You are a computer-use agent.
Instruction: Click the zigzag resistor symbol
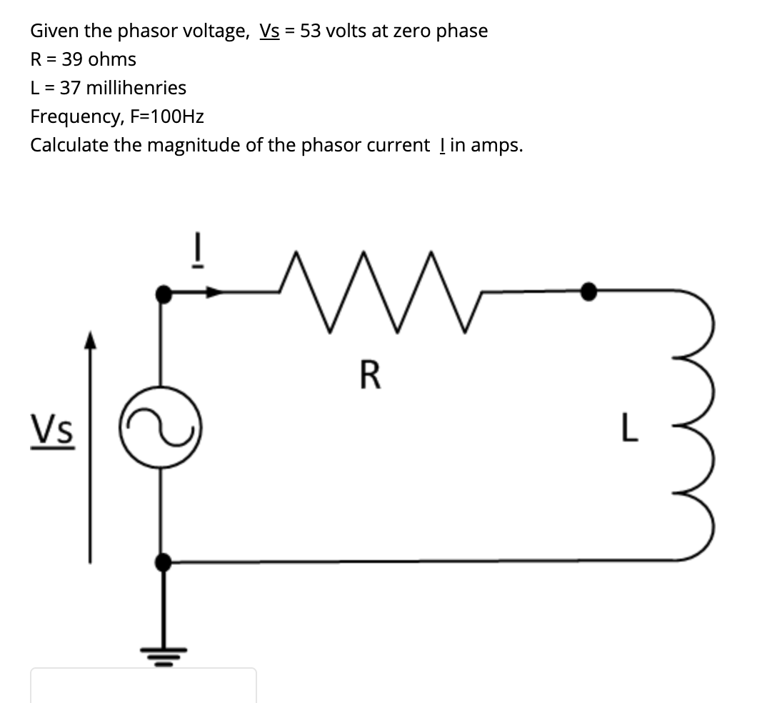click(x=379, y=291)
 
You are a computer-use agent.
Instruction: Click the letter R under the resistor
click(x=370, y=376)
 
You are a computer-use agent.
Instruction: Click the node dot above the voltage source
click(x=164, y=293)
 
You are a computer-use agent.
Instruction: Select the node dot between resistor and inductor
click(x=588, y=291)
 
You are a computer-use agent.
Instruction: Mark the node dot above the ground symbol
click(x=164, y=562)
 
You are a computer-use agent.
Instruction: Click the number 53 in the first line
click(x=311, y=31)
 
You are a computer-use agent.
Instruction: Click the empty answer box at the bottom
click(x=143, y=686)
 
